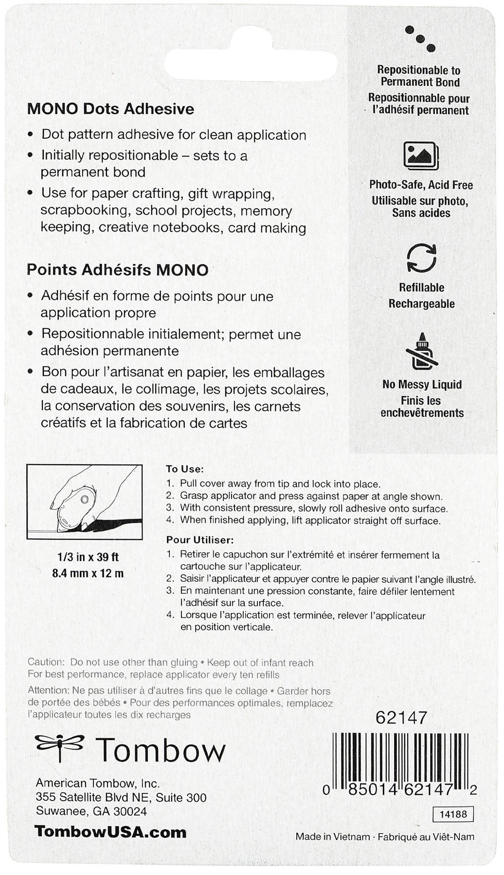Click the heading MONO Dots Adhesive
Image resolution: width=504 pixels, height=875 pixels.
coord(110,109)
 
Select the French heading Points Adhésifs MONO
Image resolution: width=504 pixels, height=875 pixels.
coord(117,270)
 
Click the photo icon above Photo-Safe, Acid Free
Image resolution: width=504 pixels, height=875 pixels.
coord(421,156)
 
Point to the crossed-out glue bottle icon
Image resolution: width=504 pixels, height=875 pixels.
coord(421,351)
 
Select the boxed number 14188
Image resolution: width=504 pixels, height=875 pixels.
coord(453,814)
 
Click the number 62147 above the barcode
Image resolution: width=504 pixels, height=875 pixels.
coord(401,717)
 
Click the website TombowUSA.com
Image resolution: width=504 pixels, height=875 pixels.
coord(110,832)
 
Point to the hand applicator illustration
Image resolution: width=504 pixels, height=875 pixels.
coord(85,502)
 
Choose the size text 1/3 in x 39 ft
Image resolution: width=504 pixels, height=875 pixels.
coord(88,557)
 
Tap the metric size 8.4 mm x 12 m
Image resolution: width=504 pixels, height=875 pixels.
coord(88,573)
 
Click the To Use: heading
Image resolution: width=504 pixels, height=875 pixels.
coord(185,469)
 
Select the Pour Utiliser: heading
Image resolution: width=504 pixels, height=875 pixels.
coord(200,540)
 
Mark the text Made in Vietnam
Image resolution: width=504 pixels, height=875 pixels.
coord(333,837)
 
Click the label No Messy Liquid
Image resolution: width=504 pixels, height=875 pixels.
coord(422,385)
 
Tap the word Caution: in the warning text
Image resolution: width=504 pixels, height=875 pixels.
coord(46,662)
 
